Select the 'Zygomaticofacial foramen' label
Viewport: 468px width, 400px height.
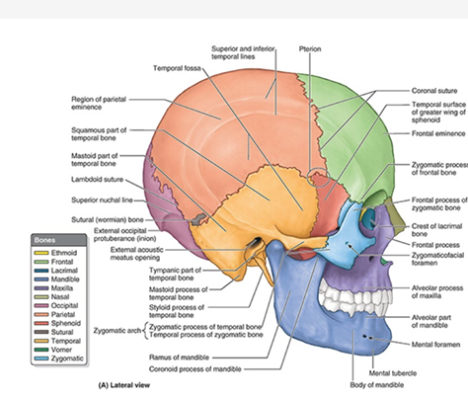[434, 259]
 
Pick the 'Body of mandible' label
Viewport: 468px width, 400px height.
[394, 389]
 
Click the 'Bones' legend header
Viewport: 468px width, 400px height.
[46, 240]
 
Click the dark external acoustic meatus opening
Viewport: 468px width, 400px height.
[257, 245]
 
